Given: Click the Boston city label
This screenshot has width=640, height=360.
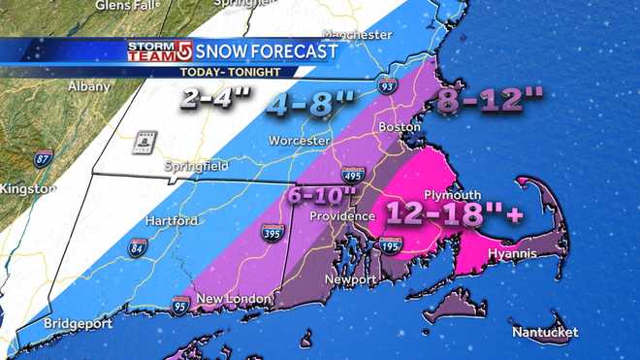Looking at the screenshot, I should [x=399, y=126].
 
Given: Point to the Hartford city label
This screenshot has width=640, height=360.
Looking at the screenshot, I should [x=171, y=221].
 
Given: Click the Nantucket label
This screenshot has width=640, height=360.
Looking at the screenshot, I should [x=546, y=333].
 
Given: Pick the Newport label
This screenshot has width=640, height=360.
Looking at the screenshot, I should [x=350, y=279].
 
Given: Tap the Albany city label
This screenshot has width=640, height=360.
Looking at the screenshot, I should [x=89, y=87].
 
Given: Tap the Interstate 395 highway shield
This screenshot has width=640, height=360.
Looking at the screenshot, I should [x=272, y=233].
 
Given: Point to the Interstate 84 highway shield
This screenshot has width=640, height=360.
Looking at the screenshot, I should [x=134, y=248].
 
